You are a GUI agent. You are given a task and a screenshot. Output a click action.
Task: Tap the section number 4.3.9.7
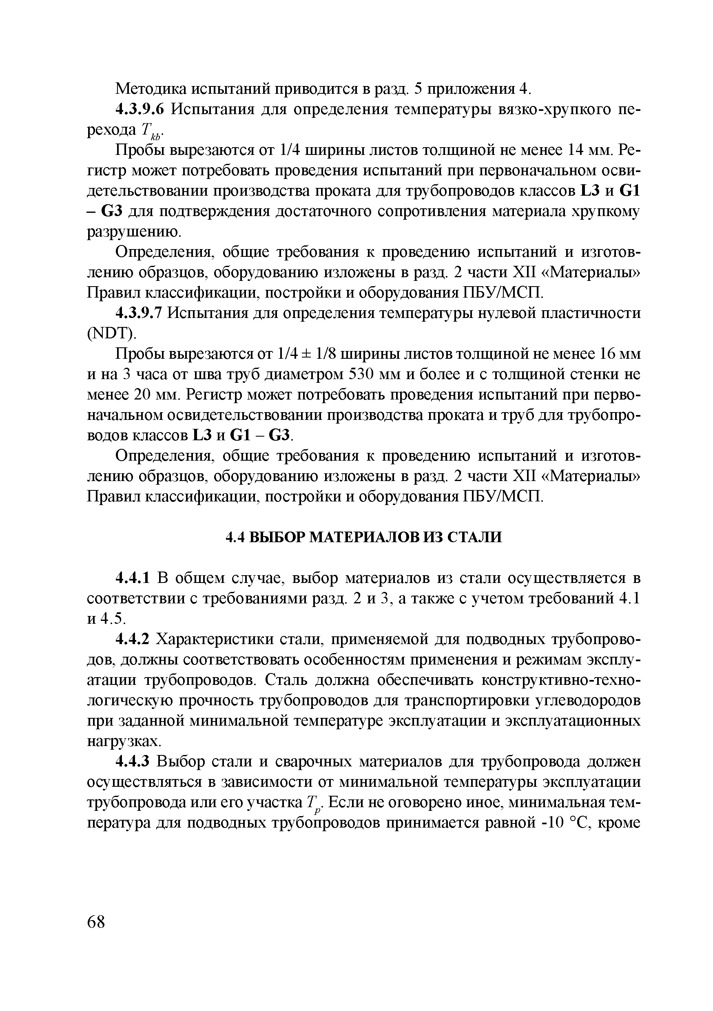(x=139, y=313)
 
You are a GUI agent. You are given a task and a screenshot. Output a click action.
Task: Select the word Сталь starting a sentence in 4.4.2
(x=287, y=680)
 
